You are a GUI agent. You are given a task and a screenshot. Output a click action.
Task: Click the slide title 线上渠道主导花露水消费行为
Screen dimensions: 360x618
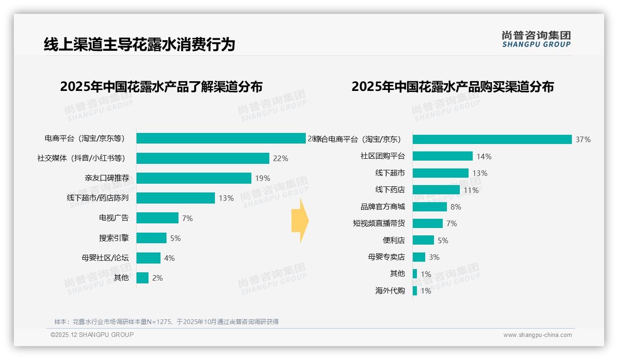[139, 44]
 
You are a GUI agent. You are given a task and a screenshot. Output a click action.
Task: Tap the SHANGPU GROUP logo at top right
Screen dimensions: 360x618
[536, 39]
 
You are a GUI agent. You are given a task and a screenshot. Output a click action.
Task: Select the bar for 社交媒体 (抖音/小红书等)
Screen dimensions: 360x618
[202, 158]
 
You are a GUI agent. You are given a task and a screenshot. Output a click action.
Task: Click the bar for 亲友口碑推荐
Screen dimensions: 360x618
[194, 178]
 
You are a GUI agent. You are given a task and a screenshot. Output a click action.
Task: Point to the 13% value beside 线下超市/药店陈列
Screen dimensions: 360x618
[226, 198]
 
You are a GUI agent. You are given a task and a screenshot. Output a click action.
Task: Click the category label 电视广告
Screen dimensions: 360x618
[114, 218]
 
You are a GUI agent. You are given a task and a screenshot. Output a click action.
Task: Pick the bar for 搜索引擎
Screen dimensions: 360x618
[151, 238]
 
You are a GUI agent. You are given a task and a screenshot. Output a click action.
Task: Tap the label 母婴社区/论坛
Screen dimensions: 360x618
[105, 258]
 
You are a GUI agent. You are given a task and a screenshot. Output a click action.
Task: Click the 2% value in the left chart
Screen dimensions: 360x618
[157, 278]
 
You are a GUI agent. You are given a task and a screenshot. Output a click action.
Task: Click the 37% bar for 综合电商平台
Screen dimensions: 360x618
[492, 139]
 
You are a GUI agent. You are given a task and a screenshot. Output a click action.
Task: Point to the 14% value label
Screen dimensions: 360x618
[484, 156]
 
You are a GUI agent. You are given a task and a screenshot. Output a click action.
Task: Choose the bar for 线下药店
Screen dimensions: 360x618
[436, 190]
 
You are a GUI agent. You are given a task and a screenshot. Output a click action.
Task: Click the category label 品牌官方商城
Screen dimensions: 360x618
[382, 207]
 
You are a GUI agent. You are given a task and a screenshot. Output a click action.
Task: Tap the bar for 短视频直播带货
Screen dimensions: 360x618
[428, 223]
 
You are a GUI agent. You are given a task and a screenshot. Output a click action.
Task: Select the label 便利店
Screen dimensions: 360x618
[393, 240]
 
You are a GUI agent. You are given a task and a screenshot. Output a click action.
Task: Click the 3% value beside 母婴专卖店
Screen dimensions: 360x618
[434, 257]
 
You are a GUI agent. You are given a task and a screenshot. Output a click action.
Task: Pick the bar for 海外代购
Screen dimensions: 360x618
[415, 291]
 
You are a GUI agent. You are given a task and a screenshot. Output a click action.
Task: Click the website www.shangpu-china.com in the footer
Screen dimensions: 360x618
[537, 335]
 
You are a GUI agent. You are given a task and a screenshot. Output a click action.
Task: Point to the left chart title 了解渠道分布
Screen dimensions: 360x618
[161, 87]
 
